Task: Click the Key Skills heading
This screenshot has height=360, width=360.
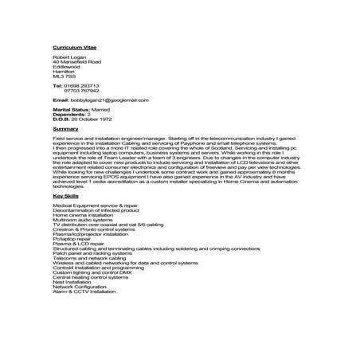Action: [66, 194]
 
